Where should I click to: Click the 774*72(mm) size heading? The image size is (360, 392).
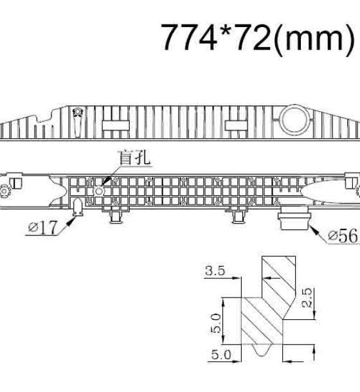[x=258, y=39]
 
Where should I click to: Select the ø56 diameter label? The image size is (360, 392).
[x=343, y=236]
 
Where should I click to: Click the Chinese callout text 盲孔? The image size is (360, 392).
[x=134, y=157]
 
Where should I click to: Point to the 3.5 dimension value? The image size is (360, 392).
[x=215, y=271]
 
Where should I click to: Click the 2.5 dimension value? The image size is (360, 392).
[x=307, y=298]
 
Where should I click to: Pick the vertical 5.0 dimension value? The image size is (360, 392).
[x=215, y=324]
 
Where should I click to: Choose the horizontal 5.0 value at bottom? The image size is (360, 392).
[x=221, y=355]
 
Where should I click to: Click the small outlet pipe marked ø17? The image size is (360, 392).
[x=78, y=207]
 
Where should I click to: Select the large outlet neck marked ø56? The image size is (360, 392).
[x=294, y=217]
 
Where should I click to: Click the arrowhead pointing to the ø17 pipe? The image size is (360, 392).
[x=72, y=220]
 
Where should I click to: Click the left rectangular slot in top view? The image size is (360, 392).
[x=116, y=125]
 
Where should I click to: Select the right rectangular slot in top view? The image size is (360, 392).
[x=236, y=125]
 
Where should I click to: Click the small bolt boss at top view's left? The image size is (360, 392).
[x=78, y=112]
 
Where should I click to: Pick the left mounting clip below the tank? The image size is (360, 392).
[x=116, y=216]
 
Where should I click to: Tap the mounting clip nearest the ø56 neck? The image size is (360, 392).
[x=239, y=216]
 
